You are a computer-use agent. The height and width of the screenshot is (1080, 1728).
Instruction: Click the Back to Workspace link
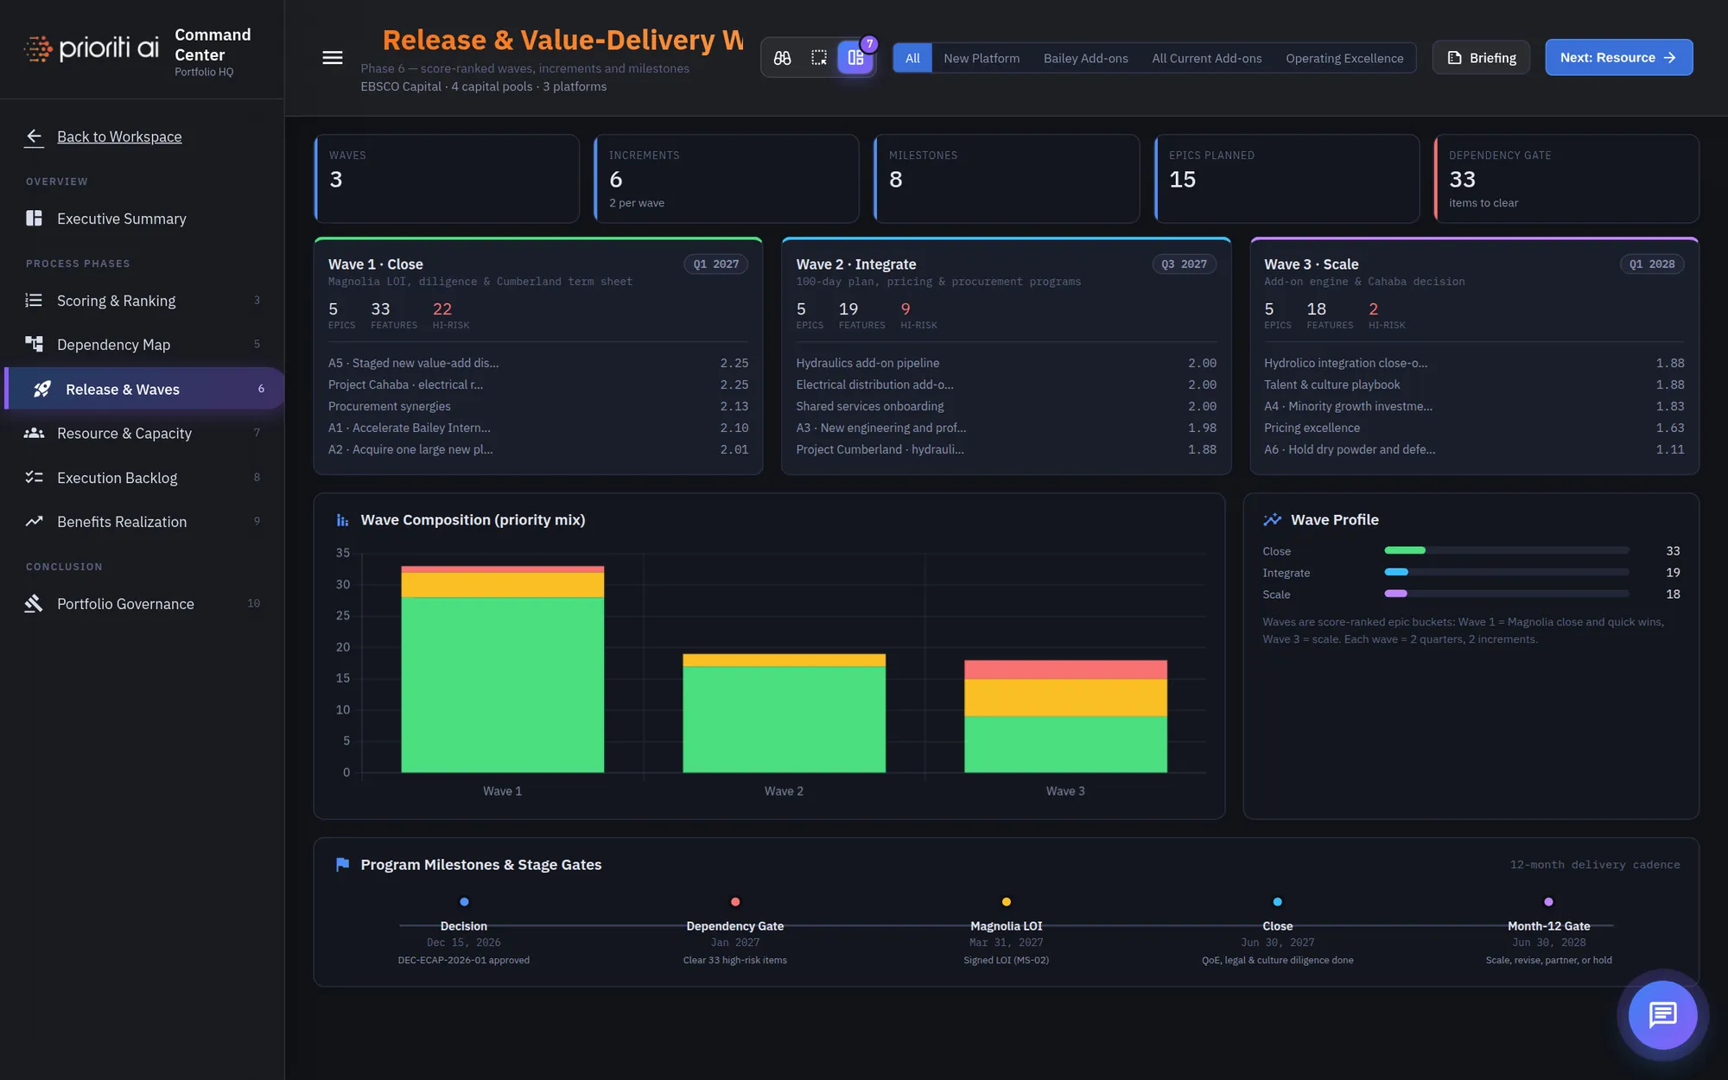coord(119,137)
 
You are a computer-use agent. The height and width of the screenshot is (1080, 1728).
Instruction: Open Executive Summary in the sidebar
coord(121,219)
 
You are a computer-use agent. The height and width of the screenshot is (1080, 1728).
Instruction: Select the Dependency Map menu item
coord(113,345)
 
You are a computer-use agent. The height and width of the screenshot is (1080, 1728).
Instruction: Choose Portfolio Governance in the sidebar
coord(125,604)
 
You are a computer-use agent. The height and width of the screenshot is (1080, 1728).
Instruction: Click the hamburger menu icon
coord(333,58)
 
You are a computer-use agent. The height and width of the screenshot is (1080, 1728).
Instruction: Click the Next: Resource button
coord(1618,58)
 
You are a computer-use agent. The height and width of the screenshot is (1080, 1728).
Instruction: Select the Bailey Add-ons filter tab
coord(1085,59)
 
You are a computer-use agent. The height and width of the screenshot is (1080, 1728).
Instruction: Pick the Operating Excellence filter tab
coord(1344,59)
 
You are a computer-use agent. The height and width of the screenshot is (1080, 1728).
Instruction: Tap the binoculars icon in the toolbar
coord(782,58)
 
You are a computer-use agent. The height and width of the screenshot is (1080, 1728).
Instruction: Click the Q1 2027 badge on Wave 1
coord(716,264)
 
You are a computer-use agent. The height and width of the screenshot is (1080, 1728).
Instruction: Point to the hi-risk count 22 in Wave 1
coord(442,308)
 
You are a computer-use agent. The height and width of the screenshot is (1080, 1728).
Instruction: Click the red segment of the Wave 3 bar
coord(1065,670)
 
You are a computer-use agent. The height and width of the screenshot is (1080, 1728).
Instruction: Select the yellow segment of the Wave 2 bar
coord(784,660)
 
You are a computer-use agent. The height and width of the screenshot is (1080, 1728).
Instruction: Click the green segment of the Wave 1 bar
coord(502,685)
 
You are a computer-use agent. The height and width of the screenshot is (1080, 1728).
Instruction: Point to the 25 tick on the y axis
coord(343,615)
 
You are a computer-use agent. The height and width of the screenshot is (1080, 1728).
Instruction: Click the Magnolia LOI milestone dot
coord(1007,902)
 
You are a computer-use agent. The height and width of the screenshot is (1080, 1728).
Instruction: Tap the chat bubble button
coord(1662,1014)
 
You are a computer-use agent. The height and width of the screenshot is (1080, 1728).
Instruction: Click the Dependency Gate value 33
coord(1462,180)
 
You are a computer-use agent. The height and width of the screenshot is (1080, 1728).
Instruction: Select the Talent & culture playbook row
coord(1473,384)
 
